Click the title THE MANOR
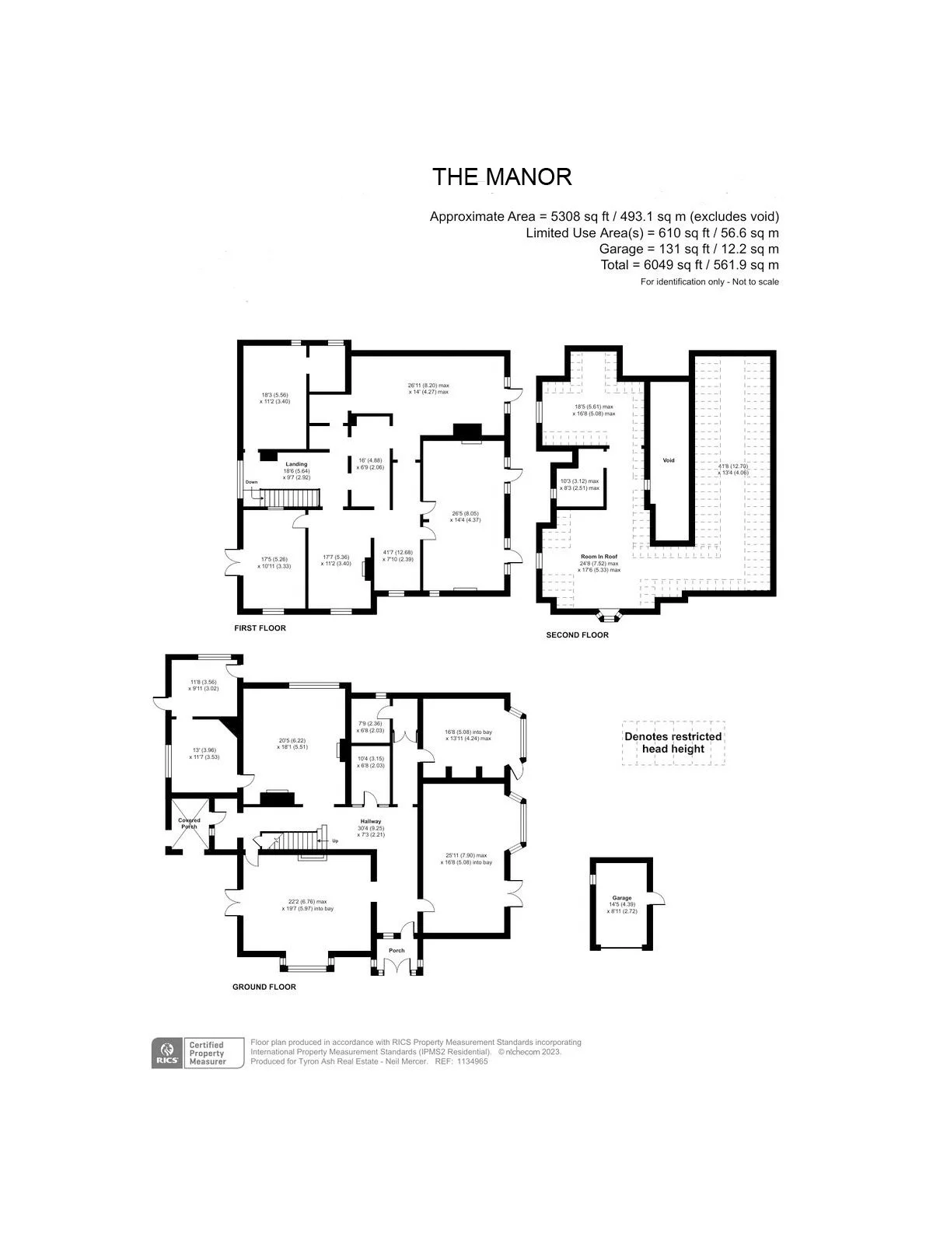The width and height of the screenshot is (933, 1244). point(501,177)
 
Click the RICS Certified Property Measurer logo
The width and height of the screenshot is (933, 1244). point(190,1054)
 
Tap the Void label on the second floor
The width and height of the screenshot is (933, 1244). point(669,460)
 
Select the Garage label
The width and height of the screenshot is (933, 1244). point(621,898)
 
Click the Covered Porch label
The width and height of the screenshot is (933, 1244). point(189,823)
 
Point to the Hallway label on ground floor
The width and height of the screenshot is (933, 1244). point(370,822)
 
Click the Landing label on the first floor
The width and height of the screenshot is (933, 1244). point(296,464)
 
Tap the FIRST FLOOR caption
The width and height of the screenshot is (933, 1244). point(260,628)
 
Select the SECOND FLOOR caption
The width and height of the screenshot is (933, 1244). point(577,635)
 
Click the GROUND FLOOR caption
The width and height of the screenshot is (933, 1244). point(264,987)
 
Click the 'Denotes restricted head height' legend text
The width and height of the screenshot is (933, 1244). point(673,743)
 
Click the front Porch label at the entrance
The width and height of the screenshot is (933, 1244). point(397,950)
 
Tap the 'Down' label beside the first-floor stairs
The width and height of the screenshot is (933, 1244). point(251,482)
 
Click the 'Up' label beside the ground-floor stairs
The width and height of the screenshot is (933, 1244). point(335,841)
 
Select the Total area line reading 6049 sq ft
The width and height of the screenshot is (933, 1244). point(690,265)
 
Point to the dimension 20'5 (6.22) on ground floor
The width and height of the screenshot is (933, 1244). point(292,740)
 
